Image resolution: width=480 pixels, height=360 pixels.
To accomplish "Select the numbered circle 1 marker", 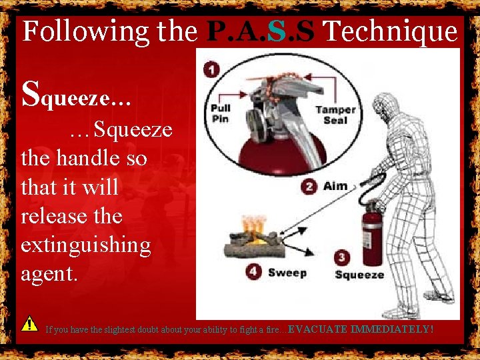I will point(211,70).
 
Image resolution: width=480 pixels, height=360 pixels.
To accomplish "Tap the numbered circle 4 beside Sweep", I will point(253,272).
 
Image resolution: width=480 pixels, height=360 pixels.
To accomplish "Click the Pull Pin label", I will point(221,114).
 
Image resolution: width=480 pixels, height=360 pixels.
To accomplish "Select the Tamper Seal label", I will point(335,115).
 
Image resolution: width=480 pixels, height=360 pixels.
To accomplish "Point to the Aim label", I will point(335,186).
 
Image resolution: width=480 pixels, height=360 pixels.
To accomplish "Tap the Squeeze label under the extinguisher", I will point(359,275).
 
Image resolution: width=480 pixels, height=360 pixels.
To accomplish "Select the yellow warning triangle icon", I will point(29,324).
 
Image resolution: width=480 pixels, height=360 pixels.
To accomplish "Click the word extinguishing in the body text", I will point(86,245).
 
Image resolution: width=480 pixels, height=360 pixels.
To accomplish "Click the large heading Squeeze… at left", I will point(76,96).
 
